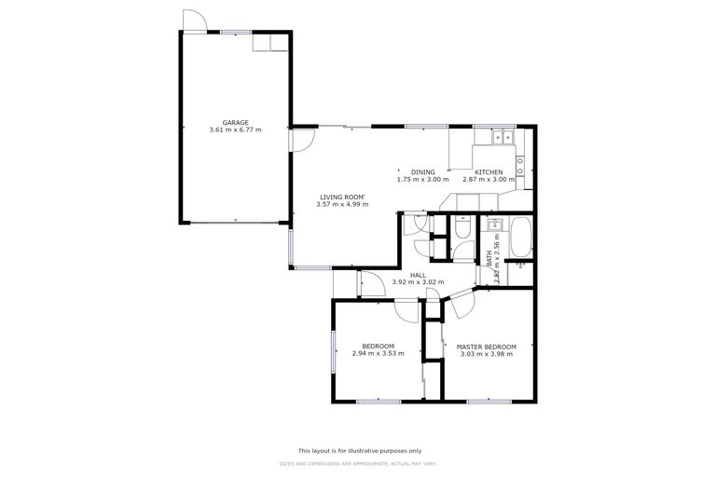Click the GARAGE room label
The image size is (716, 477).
[235, 122]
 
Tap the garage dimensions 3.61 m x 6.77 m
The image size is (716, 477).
[235, 130]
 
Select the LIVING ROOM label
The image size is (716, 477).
[342, 197]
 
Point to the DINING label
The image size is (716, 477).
[422, 171]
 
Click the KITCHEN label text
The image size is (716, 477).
[489, 171]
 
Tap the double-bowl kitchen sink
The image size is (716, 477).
[504, 138]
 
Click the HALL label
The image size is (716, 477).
[418, 275]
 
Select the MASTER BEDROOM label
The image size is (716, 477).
[486, 347]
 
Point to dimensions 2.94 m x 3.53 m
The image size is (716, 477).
[378, 354]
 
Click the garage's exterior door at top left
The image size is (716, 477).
[194, 20]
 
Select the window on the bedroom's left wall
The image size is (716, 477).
[332, 353]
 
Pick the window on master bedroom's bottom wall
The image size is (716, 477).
[489, 402]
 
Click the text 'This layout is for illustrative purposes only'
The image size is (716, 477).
[359, 449]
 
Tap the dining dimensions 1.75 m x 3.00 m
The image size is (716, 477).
[422, 180]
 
